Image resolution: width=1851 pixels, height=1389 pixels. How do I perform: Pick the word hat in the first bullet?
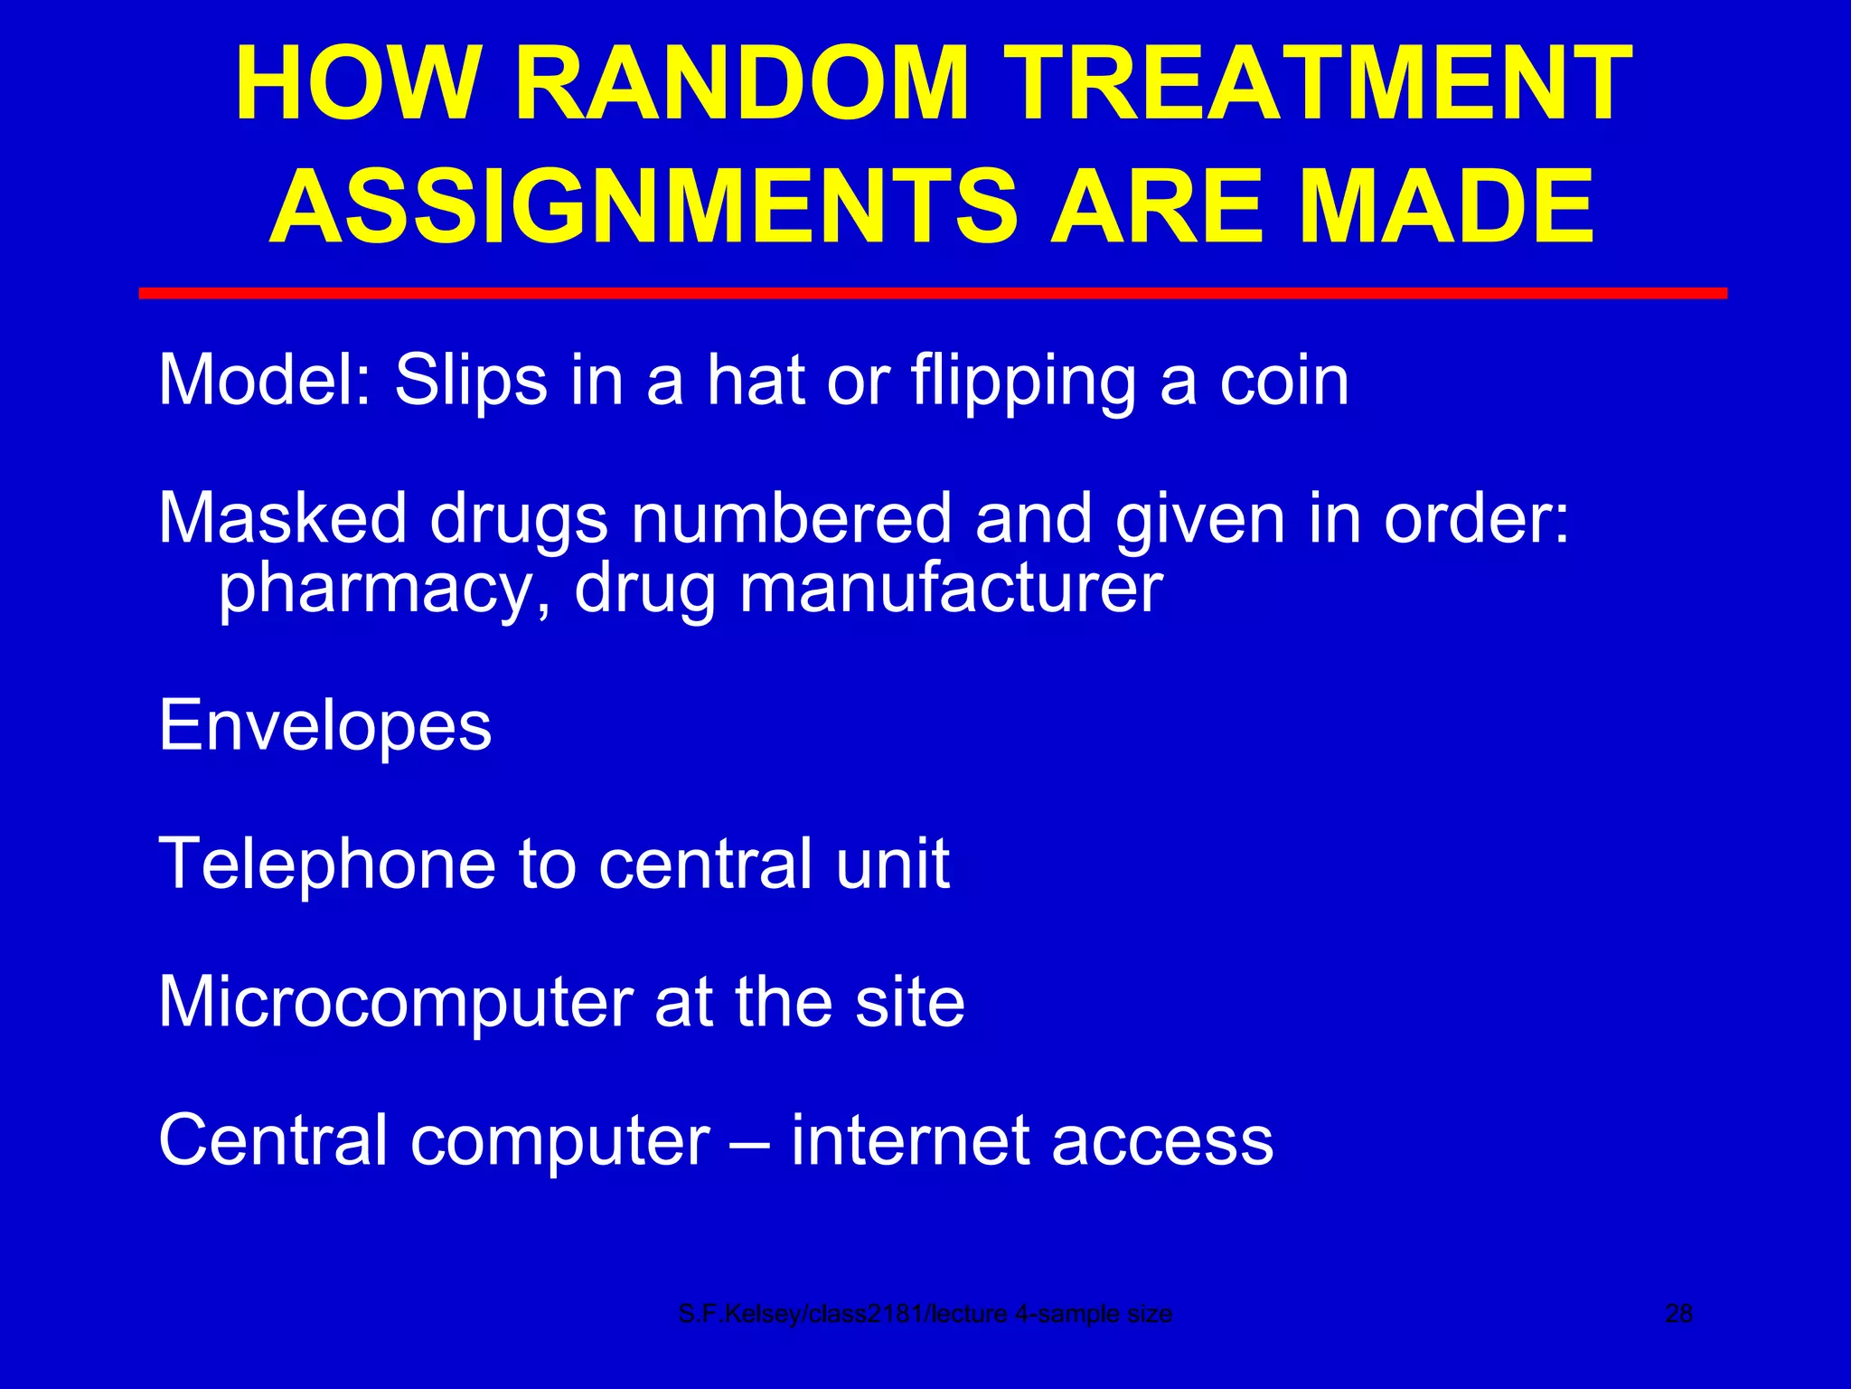756,380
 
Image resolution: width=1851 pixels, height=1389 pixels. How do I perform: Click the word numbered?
791,519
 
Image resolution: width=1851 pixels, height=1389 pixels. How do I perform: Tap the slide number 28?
1678,1314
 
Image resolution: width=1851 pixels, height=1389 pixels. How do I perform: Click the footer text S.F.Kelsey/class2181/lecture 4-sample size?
925,1314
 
